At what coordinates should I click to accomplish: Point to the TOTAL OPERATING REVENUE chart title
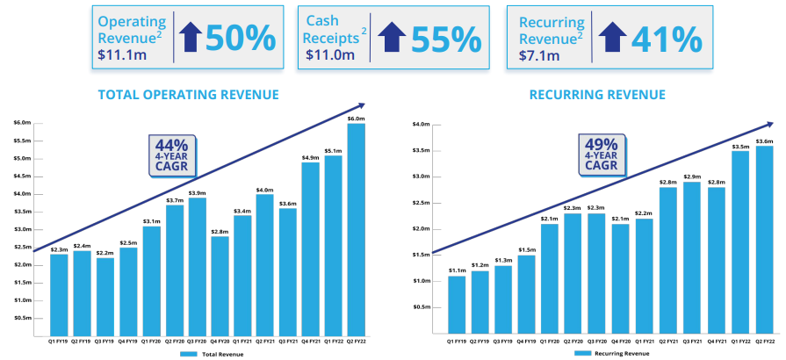[x=188, y=95]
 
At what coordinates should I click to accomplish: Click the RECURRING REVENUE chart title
[x=597, y=95]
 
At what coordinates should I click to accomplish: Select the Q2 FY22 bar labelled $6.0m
[x=356, y=228]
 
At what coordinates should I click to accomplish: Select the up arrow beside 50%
[x=191, y=39]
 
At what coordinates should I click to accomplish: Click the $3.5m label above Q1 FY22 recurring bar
[x=740, y=145]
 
